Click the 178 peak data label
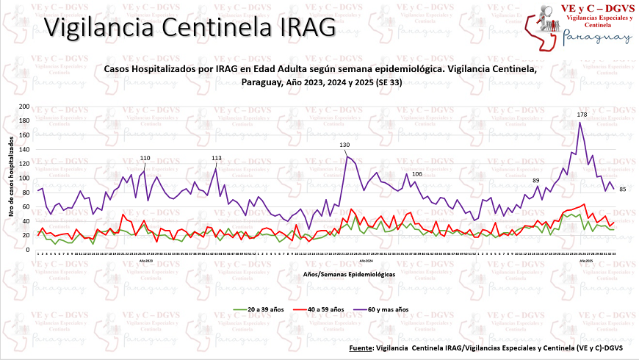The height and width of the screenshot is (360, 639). pyautogui.click(x=582, y=115)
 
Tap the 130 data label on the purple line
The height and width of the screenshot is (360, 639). pyautogui.click(x=344, y=145)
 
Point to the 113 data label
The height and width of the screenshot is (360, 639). pyautogui.click(x=217, y=158)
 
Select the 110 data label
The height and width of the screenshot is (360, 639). pyautogui.click(x=145, y=158)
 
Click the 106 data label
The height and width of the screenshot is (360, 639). pyautogui.click(x=416, y=174)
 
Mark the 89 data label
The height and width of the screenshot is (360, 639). pyautogui.click(x=536, y=181)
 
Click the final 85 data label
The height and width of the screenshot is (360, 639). pyautogui.click(x=622, y=190)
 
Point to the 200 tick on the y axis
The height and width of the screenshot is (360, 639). pyautogui.click(x=24, y=107)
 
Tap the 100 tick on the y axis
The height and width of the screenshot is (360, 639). pyautogui.click(x=24, y=178)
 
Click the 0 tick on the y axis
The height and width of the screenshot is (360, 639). pyautogui.click(x=28, y=249)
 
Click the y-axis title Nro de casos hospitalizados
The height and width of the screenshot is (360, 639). pyautogui.click(x=10, y=178)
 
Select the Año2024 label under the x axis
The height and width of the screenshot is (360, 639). pyautogui.click(x=364, y=262)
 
